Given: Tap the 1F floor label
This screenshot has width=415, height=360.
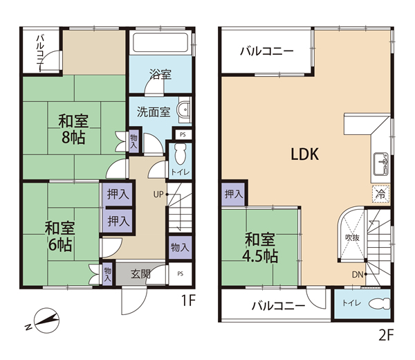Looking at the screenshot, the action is [188, 300].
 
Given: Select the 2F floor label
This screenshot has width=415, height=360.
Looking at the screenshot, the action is [386, 335].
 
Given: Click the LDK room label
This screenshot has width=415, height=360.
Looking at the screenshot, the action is [305, 154].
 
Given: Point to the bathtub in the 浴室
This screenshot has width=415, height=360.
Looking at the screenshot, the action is [160, 42].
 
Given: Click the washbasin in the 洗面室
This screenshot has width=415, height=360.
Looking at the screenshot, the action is [185, 109].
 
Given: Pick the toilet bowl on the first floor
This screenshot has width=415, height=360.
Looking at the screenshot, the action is [181, 154].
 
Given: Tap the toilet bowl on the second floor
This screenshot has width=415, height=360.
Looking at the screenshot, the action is [380, 303].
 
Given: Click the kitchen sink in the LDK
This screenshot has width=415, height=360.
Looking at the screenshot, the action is [381, 164].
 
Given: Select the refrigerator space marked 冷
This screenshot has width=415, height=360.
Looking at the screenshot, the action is [381, 194].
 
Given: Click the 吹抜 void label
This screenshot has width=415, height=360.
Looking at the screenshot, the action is [352, 237].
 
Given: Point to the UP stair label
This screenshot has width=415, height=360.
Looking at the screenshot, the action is [158, 195].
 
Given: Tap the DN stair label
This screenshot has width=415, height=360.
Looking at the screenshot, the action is [358, 275].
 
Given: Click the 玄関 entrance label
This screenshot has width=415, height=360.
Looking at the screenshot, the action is [141, 273].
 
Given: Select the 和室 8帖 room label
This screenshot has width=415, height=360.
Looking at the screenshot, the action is [73, 129].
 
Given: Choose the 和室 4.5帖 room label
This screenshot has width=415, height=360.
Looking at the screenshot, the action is [260, 247].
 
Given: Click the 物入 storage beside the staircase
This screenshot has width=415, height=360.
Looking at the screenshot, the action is [181, 247].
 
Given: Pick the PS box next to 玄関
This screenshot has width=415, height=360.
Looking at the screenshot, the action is [181, 274].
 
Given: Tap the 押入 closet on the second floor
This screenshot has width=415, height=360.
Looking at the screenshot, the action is [233, 194].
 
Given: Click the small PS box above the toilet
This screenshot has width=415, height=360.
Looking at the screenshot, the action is [183, 134].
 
